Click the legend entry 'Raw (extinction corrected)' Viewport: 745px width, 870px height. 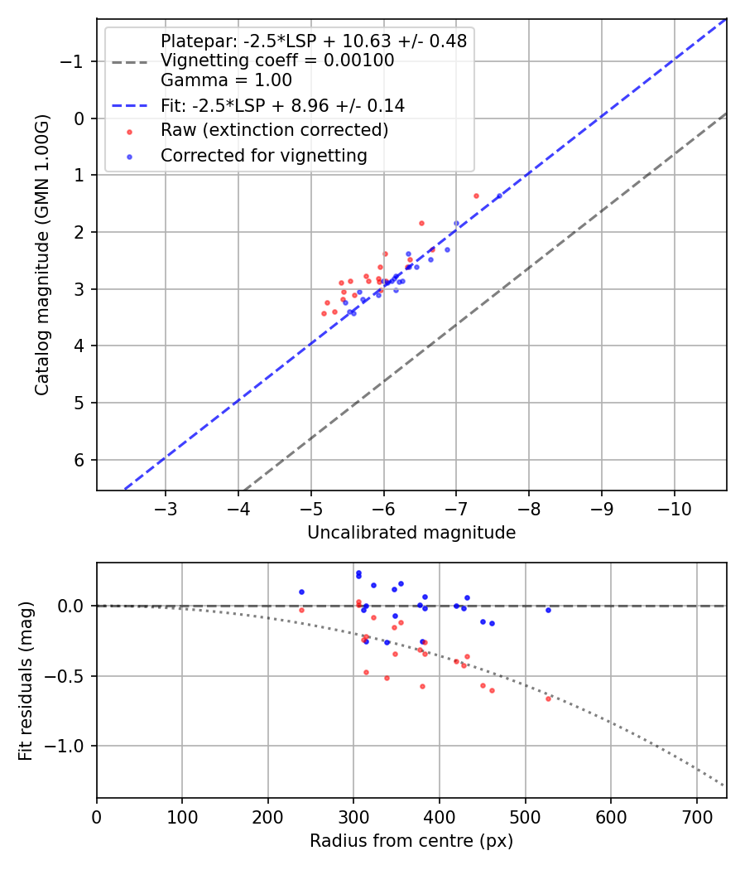coord(274,130)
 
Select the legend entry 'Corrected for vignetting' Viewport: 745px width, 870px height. coord(264,155)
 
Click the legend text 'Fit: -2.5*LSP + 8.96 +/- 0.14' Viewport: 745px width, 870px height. coord(282,105)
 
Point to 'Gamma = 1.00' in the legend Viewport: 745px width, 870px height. coord(226,80)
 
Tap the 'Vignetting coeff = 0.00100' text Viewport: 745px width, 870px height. coord(277,60)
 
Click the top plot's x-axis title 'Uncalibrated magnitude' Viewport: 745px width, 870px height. coord(411,533)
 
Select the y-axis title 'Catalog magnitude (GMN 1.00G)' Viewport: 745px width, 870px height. coord(43,255)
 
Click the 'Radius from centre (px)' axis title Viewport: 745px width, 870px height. coord(411,841)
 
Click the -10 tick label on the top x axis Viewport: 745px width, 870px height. coord(674,505)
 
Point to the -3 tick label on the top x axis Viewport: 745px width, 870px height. coord(166,505)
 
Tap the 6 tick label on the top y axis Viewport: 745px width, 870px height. coord(80,460)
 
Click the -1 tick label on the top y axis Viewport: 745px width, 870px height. coord(75,61)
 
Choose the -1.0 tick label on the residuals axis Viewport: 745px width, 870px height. coord(70,746)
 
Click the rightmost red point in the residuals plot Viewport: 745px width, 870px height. coord(548,698)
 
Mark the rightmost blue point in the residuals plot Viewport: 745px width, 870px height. coord(548,610)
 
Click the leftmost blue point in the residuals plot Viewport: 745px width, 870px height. coord(301,592)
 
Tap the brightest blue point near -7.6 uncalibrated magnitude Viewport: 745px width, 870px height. coord(499,196)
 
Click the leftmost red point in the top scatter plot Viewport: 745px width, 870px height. coord(324,313)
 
